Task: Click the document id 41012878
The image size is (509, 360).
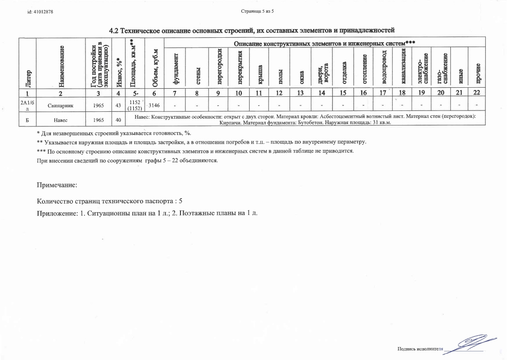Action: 40,11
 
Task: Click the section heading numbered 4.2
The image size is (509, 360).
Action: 252,30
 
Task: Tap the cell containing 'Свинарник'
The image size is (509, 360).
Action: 61,105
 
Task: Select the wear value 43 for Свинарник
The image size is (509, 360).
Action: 119,105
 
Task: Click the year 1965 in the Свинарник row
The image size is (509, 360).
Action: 97,105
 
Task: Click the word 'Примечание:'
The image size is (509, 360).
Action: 57,185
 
